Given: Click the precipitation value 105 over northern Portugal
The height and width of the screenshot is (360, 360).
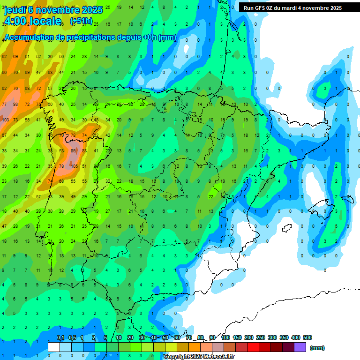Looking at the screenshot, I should point(74,166).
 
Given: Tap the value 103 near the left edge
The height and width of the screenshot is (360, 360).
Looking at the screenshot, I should point(5,120).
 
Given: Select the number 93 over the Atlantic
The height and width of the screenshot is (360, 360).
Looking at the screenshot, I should point(16,104).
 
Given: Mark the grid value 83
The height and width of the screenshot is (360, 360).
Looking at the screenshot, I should point(85,151).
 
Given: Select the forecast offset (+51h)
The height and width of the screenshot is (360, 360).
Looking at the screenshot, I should point(81,21).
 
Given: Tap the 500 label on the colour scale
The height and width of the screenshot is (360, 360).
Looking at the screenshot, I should point(307,337).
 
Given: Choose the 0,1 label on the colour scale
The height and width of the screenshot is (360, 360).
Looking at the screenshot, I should point(60,337).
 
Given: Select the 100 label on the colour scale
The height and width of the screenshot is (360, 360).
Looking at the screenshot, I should point(225,337).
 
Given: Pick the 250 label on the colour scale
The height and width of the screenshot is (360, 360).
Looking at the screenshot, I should point(260,337).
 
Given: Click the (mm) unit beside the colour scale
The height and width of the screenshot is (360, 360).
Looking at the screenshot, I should point(317,348).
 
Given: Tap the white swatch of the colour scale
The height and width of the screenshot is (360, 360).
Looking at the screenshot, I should point(54,347).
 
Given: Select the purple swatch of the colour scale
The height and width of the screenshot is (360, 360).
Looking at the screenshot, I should point(300,347).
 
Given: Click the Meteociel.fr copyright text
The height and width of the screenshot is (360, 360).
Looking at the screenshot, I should point(199,357).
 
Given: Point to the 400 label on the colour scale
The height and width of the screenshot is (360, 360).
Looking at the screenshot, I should point(295,337).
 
